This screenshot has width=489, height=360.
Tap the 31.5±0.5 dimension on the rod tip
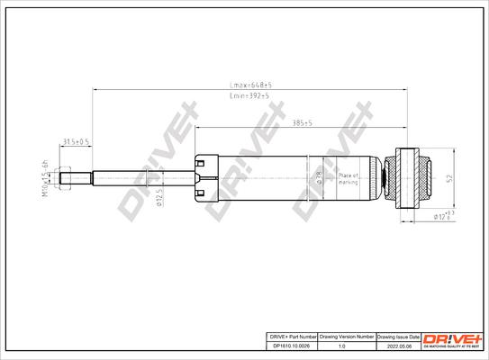[x=75, y=142]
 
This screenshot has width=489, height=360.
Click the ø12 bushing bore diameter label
[x=440, y=216]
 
